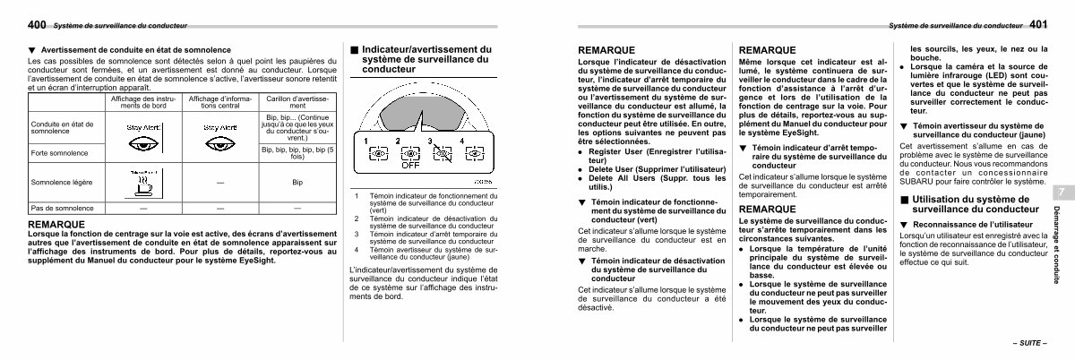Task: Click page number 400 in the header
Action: tap(37, 25)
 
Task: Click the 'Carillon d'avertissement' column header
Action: tap(298, 101)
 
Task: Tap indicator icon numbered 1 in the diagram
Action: tap(378, 154)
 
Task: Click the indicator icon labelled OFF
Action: tap(409, 155)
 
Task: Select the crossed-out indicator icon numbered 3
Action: tap(441, 154)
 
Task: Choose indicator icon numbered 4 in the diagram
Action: tap(471, 154)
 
